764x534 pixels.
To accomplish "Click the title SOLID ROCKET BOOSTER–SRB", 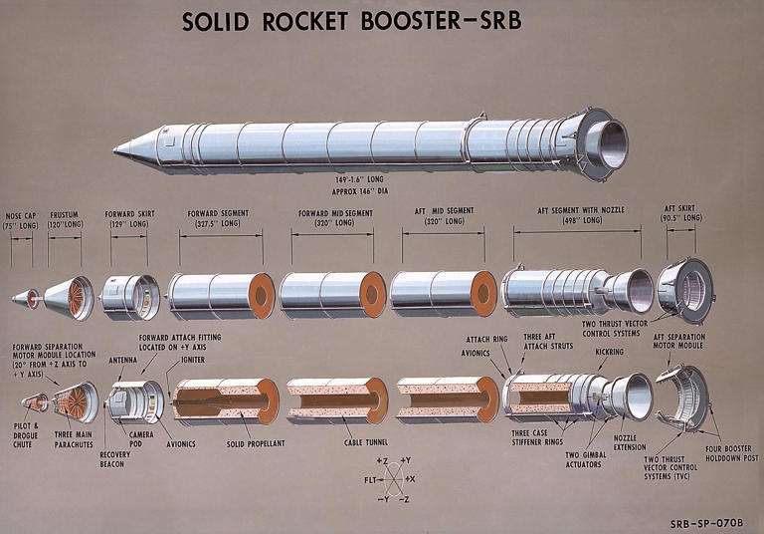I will point(381,21).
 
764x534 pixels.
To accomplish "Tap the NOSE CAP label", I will point(21,214).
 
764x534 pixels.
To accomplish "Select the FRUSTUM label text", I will point(65,214).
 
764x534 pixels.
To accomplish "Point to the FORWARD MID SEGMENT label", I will point(335,213).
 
